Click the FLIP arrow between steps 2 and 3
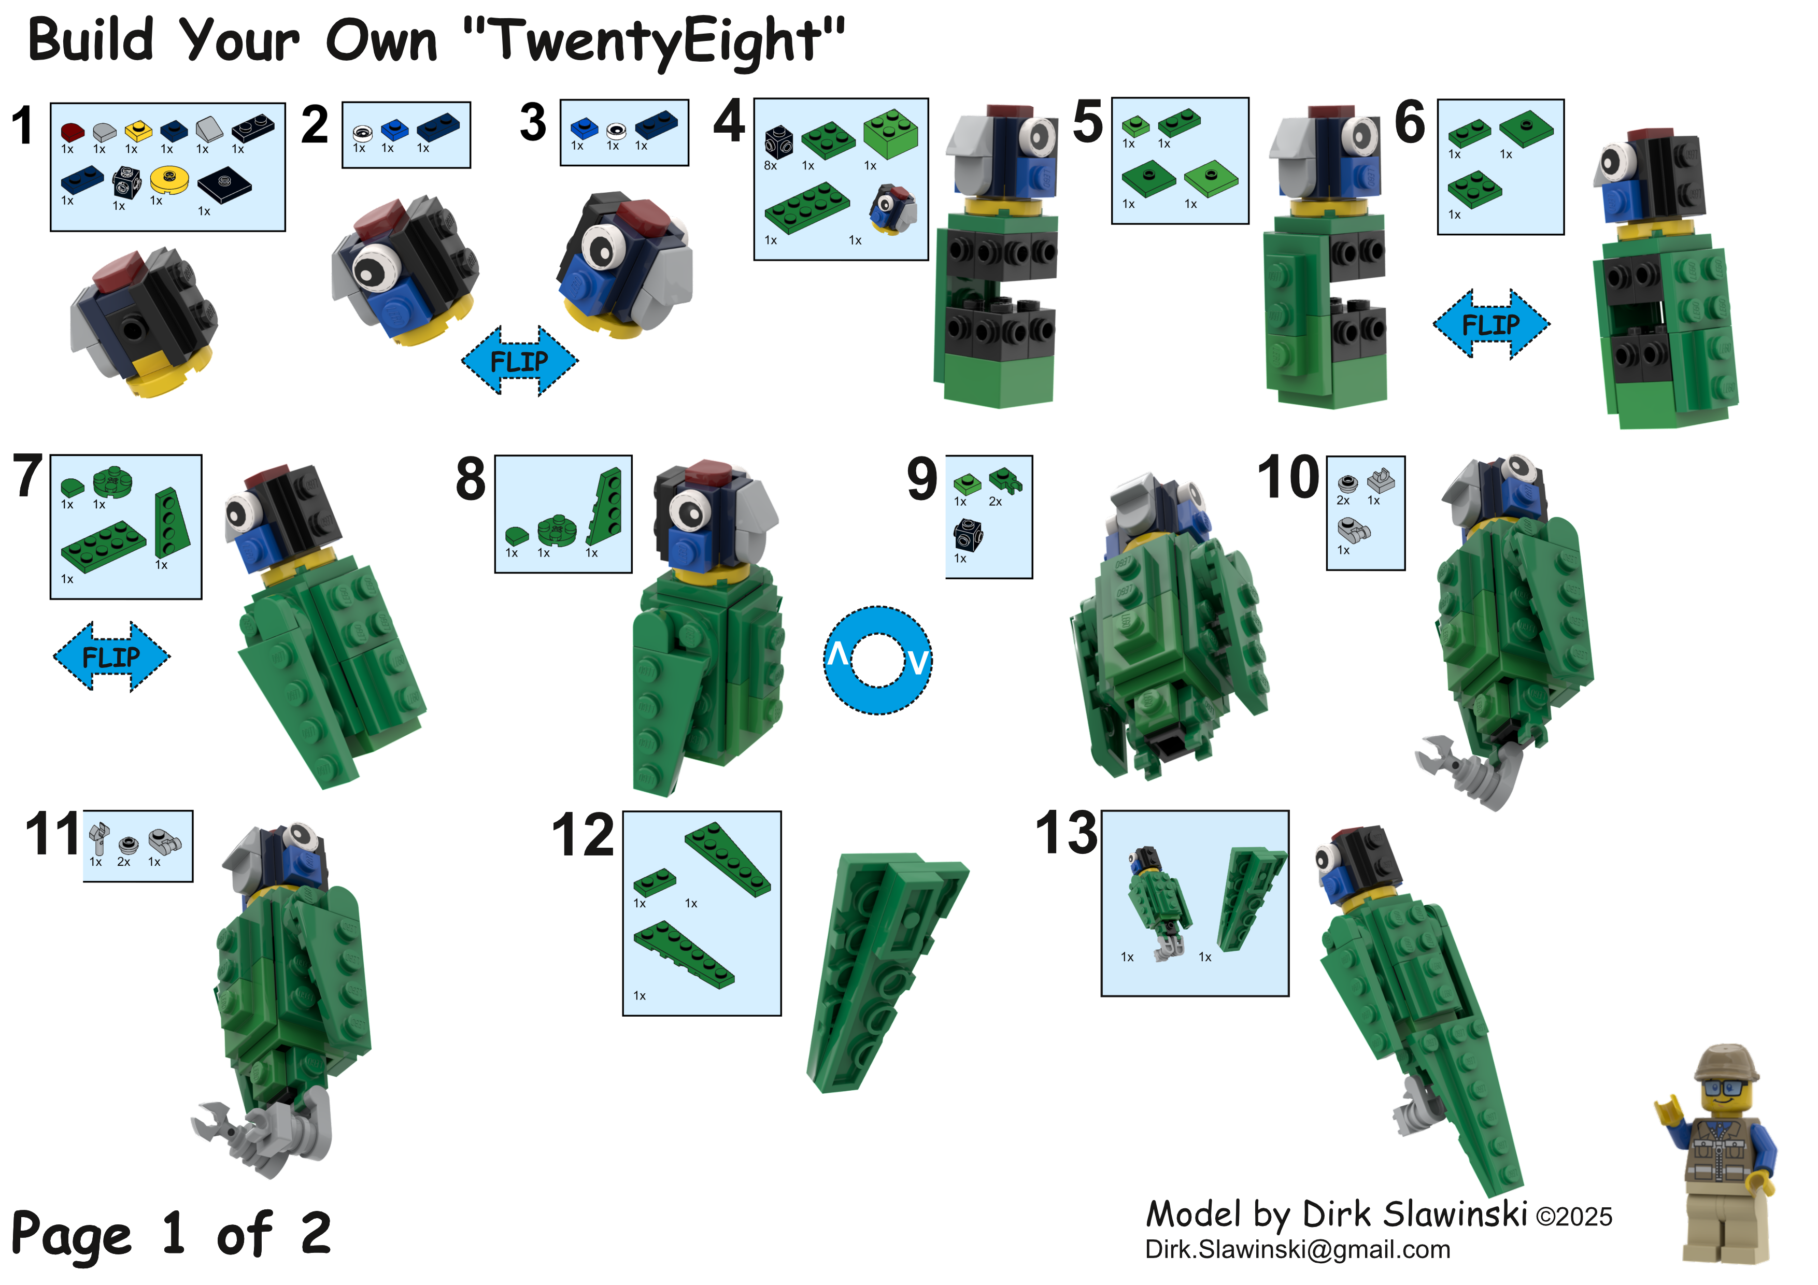click(519, 361)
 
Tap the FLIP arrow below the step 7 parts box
click(111, 656)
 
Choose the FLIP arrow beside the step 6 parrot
click(1491, 324)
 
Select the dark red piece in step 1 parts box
click(72, 132)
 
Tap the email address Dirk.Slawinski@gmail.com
click(1298, 1249)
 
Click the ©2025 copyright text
click(1574, 1216)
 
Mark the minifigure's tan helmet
click(1727, 1063)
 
